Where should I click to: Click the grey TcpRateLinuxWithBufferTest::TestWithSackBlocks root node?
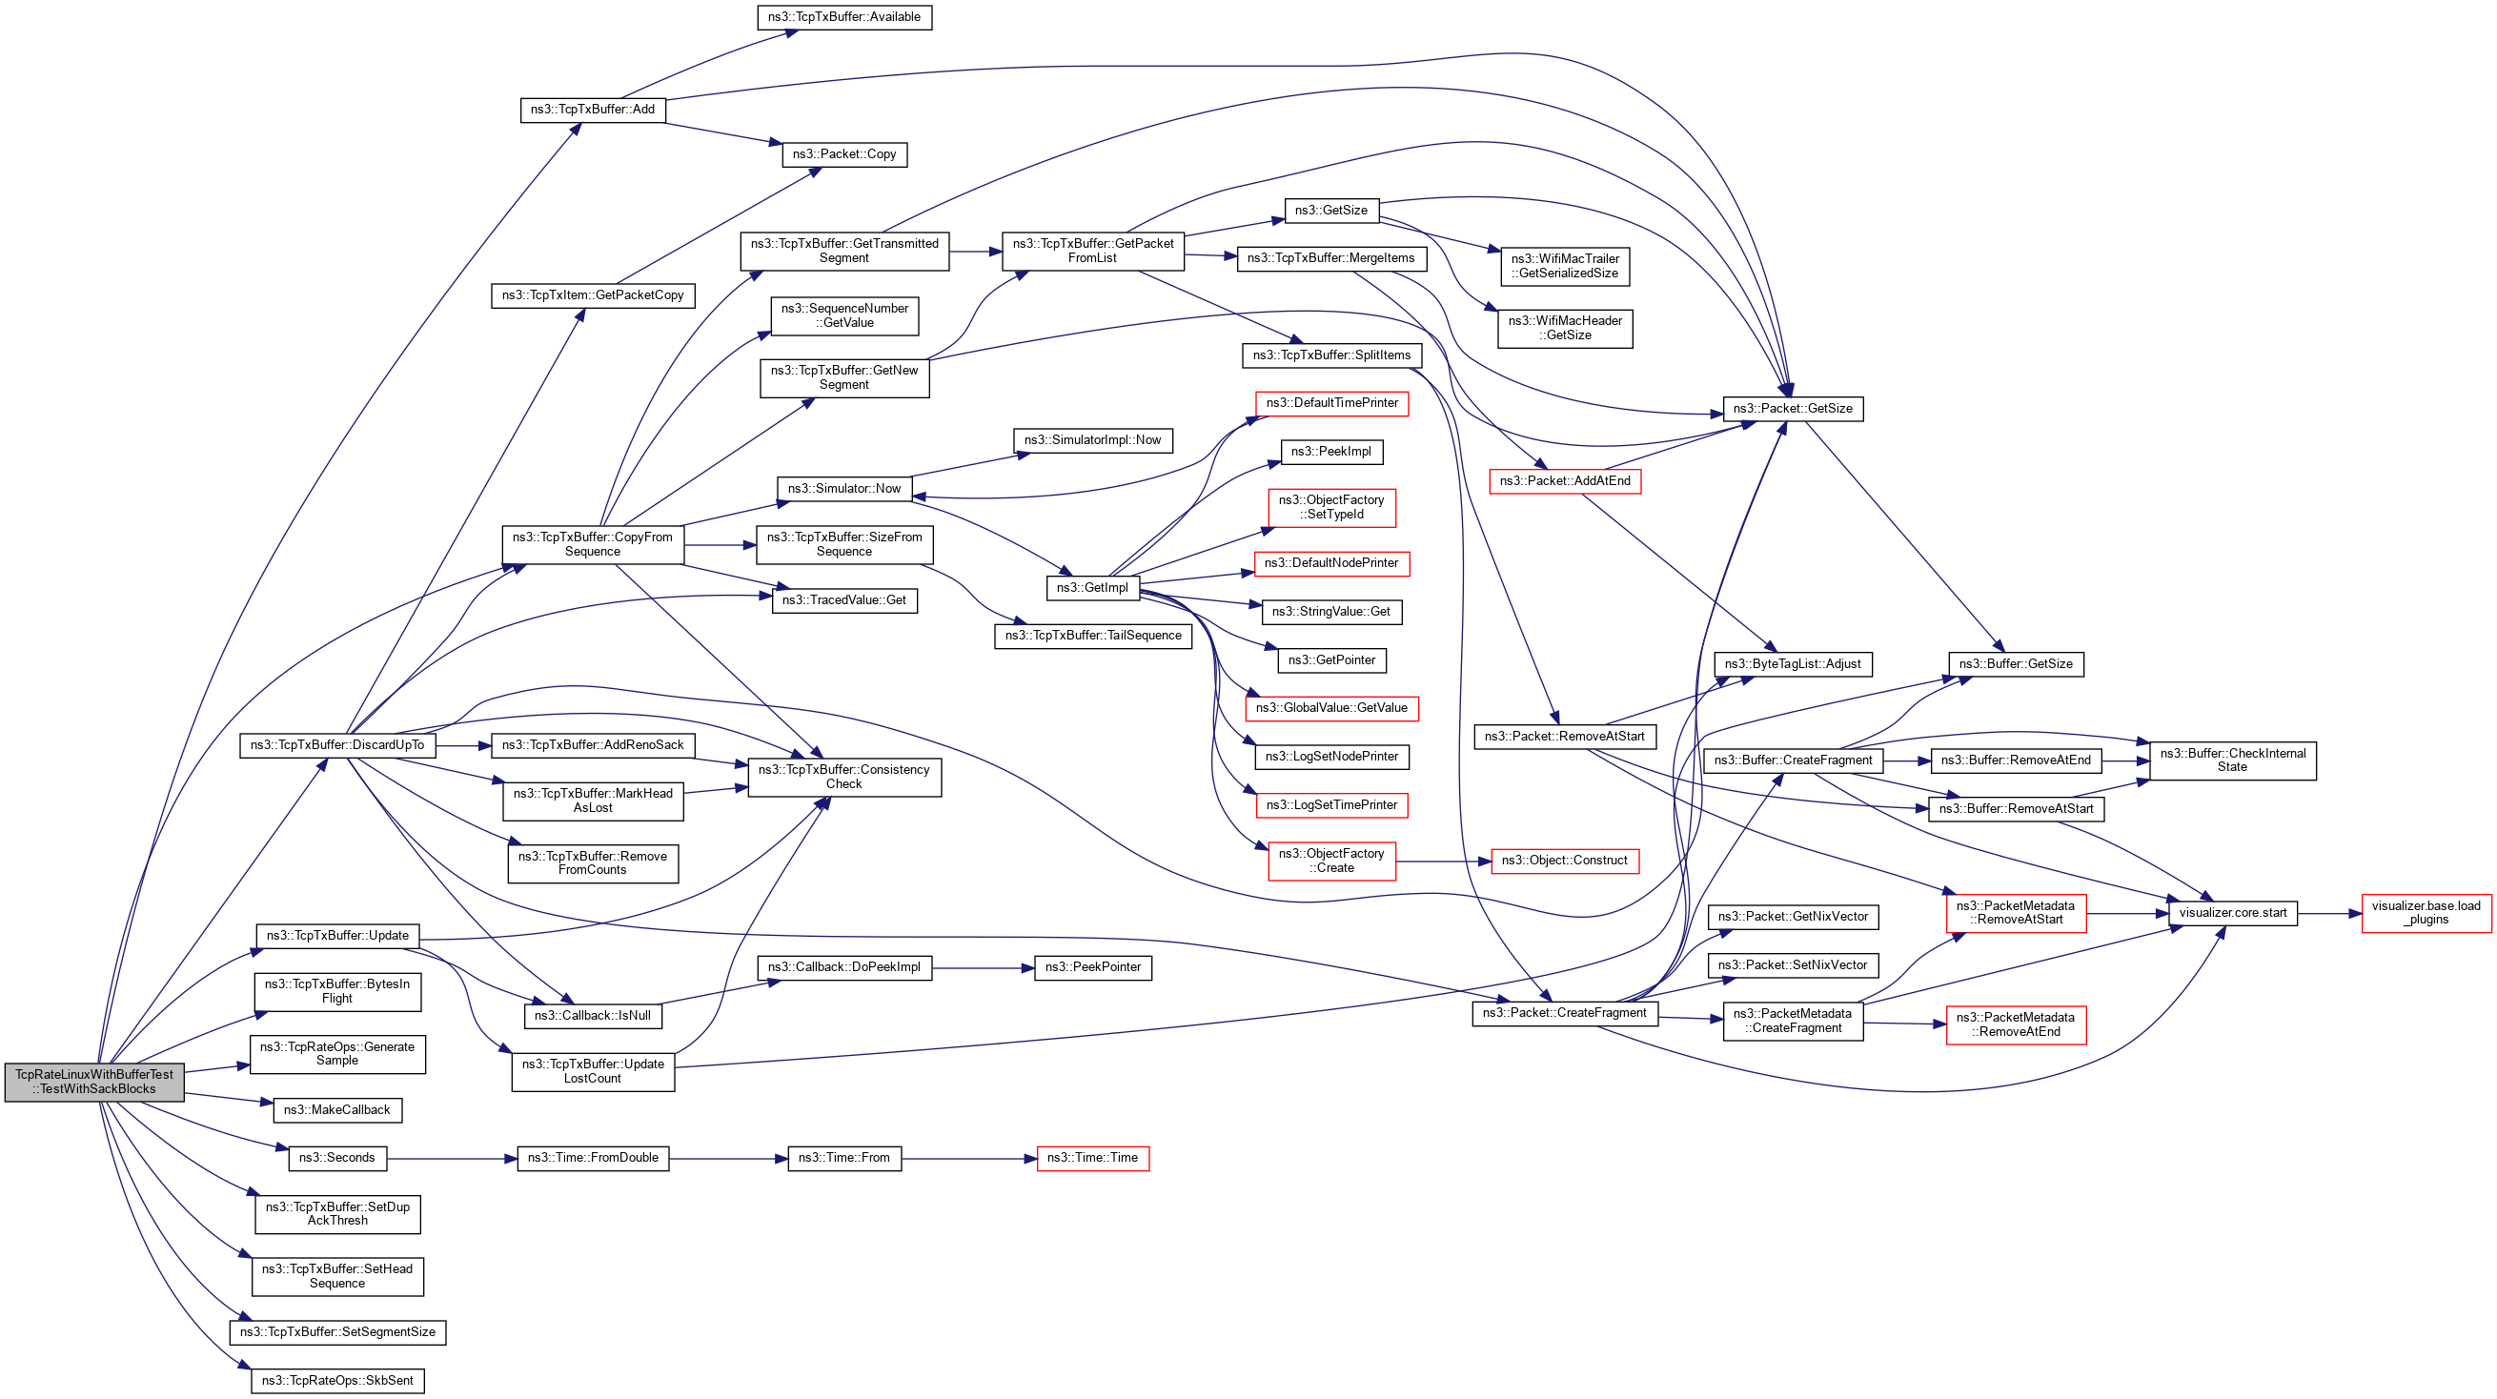tap(94, 1081)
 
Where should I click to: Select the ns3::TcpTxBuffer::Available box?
tap(843, 17)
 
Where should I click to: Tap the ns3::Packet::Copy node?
tap(843, 154)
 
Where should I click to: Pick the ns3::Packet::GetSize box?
tap(1792, 408)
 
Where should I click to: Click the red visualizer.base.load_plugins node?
tap(2426, 913)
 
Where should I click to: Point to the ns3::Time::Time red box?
tap(1092, 1158)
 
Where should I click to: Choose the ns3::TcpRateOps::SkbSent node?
tap(337, 1381)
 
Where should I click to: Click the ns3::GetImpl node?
tap(1092, 587)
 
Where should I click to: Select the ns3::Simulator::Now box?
tap(843, 489)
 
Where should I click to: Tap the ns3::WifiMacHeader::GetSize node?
tap(1565, 329)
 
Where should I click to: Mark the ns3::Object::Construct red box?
tap(1564, 861)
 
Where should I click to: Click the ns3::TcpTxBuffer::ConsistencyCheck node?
tap(843, 777)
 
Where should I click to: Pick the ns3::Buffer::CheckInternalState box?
tap(2232, 760)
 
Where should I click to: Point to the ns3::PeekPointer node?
tap(1092, 967)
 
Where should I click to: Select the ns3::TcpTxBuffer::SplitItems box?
tap(1330, 355)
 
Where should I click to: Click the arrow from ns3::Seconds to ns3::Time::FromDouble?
tap(452, 1159)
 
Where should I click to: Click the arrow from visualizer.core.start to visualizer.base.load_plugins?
tap(2328, 913)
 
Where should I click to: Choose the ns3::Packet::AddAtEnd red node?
tap(1565, 481)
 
